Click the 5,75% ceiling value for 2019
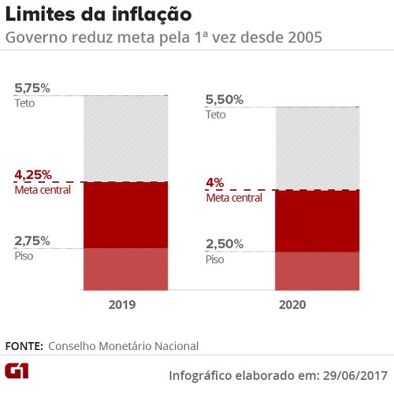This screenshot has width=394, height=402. click(32, 88)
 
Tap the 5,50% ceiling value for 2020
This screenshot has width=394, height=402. click(225, 100)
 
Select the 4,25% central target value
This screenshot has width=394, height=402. click(33, 175)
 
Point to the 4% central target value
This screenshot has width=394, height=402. click(215, 183)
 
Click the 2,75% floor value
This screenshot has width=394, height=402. click(32, 241)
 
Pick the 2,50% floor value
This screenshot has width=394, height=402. click(225, 244)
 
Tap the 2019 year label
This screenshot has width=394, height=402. click(122, 305)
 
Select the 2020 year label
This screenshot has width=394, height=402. click(292, 305)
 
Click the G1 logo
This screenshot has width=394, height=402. click(17, 371)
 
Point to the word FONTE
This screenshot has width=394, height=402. click(24, 346)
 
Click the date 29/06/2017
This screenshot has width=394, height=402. click(355, 375)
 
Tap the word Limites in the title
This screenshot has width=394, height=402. click(40, 14)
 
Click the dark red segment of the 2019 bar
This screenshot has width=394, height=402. click(125, 215)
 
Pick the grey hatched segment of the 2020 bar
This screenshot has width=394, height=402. click(318, 148)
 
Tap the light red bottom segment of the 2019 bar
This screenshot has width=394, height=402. click(125, 270)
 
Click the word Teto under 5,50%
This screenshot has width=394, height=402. click(215, 115)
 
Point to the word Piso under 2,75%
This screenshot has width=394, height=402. click(24, 256)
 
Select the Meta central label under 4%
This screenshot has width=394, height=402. click(234, 198)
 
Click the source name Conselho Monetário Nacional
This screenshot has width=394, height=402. click(123, 346)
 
